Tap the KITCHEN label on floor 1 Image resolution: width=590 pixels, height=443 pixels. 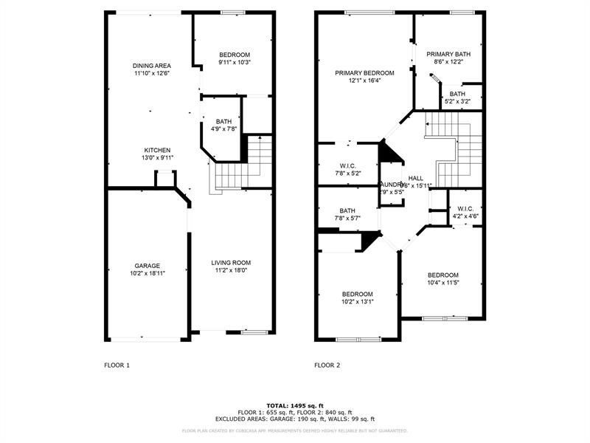[x=157, y=150]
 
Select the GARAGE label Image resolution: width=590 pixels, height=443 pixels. [x=147, y=266]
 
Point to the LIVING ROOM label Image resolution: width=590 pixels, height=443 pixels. [x=232, y=262]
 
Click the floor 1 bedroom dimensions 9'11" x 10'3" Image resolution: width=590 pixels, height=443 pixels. [x=235, y=63]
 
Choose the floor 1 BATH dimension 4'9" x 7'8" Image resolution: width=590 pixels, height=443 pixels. [x=223, y=129]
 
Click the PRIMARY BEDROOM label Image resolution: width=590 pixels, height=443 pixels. [x=364, y=73]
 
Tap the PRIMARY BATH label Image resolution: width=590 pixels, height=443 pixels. [x=448, y=54]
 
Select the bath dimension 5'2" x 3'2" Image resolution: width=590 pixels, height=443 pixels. [x=457, y=101]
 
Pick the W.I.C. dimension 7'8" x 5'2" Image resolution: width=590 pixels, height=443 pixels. [x=347, y=174]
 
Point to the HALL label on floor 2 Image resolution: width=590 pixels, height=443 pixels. [x=416, y=178]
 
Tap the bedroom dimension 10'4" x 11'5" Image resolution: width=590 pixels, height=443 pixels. [x=443, y=283]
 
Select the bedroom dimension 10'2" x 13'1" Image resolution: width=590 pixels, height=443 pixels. [x=357, y=301]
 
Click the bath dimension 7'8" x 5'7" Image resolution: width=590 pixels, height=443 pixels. [x=347, y=218]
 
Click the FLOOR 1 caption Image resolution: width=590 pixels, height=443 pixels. [x=117, y=365]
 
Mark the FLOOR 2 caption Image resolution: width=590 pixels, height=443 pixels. [x=327, y=365]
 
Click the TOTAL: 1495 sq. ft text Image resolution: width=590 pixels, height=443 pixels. [x=295, y=406]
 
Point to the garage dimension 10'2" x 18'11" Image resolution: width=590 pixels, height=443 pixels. [x=147, y=274]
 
